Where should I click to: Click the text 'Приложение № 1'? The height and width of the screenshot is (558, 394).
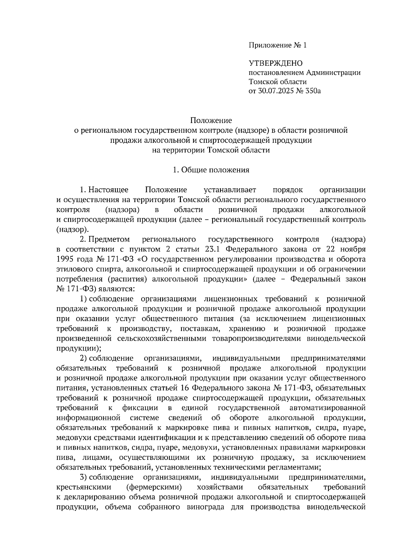tap(277, 45)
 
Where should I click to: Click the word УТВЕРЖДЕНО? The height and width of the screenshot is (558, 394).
tap(275, 63)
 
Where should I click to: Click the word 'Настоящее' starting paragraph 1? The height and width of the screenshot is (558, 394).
tap(109, 190)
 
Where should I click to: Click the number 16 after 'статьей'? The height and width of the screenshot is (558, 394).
tap(185, 388)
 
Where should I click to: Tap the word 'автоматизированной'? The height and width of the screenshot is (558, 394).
tap(328, 408)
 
